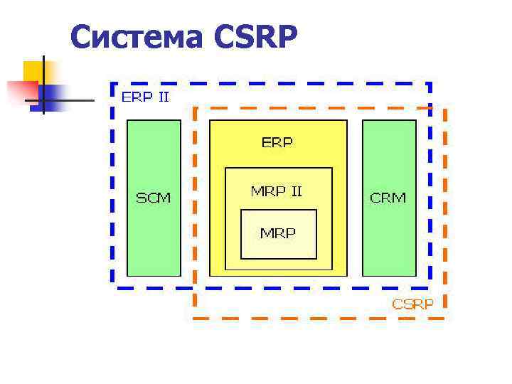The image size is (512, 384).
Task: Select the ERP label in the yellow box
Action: tap(277, 142)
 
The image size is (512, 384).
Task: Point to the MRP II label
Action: tap(277, 191)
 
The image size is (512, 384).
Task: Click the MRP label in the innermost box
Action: tap(277, 233)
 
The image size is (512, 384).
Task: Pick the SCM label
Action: tap(154, 198)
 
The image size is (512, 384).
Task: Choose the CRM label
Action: tap(388, 198)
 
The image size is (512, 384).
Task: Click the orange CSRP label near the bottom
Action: tap(413, 304)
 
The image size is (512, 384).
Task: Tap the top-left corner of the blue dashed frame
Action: tap(113, 83)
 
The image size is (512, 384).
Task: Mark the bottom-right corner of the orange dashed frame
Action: tap(446, 317)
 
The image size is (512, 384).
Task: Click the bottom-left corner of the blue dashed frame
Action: tap(113, 287)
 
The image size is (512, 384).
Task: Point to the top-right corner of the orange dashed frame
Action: tap(446, 109)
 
